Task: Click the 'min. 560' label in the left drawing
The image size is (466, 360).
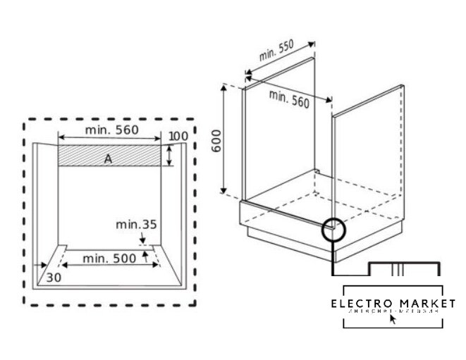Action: click(x=111, y=130)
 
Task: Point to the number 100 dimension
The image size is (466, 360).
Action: click(x=179, y=135)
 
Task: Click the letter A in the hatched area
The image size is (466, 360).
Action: click(x=108, y=159)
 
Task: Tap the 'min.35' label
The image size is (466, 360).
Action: click(x=136, y=225)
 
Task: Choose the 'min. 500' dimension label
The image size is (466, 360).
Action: click(x=110, y=259)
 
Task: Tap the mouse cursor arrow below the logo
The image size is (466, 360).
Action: click(x=393, y=318)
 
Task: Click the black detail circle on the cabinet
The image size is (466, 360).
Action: click(x=335, y=230)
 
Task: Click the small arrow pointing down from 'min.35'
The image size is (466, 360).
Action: click(x=144, y=240)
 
